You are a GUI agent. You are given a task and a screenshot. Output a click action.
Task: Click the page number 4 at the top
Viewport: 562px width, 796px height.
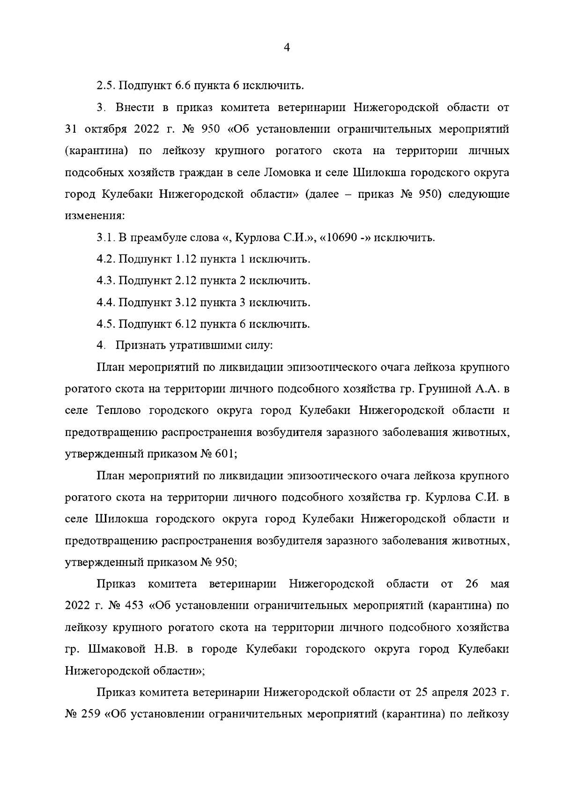point(287,47)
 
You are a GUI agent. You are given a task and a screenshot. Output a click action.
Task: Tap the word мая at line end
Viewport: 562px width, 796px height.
point(500,585)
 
